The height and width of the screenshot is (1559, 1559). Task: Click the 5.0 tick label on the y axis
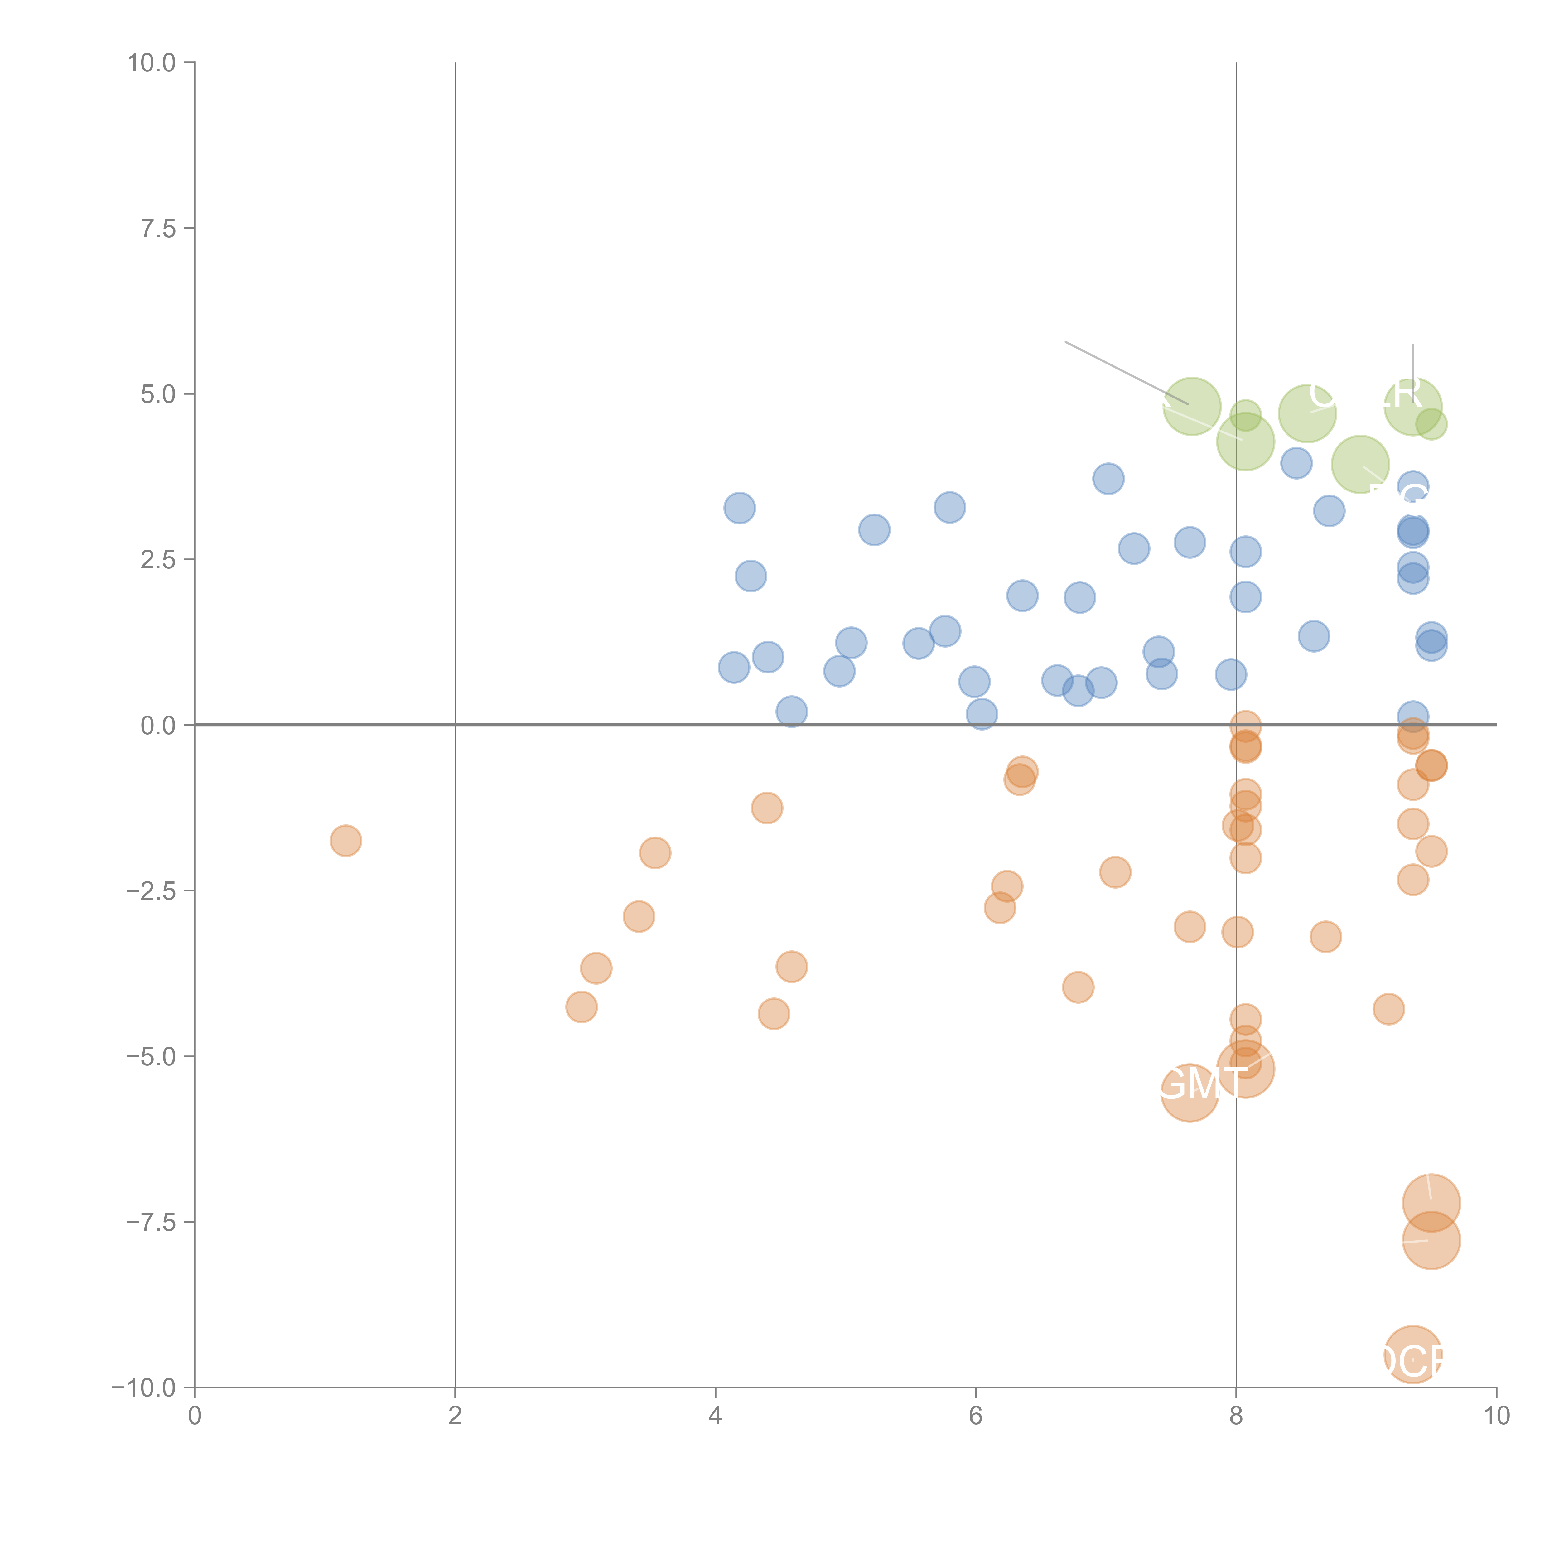[x=158, y=395]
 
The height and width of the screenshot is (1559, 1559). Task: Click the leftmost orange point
[x=345, y=841]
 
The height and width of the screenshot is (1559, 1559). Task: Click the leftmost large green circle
[x=1191, y=406]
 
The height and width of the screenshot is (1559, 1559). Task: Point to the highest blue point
[x=1108, y=479]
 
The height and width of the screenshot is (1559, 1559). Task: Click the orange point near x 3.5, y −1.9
[x=654, y=853]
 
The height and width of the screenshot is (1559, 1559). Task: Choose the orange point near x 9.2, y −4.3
[x=1388, y=1009]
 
